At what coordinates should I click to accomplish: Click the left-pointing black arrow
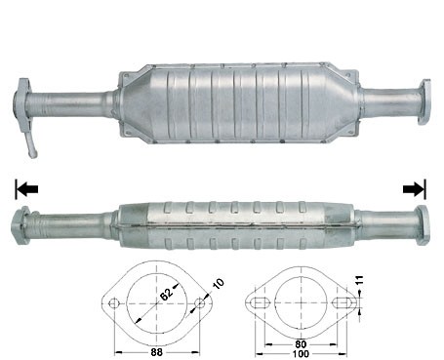point(27,188)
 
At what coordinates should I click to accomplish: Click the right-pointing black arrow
point(414,188)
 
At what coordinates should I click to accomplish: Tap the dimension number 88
point(156,352)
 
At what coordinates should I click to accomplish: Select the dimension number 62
point(166,295)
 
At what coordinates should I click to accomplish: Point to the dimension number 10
point(219,284)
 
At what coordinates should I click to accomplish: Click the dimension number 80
point(301,344)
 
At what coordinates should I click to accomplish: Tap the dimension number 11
point(359,280)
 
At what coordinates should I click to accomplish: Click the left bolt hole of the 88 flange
point(113,304)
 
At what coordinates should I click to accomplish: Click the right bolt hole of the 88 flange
point(200,304)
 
